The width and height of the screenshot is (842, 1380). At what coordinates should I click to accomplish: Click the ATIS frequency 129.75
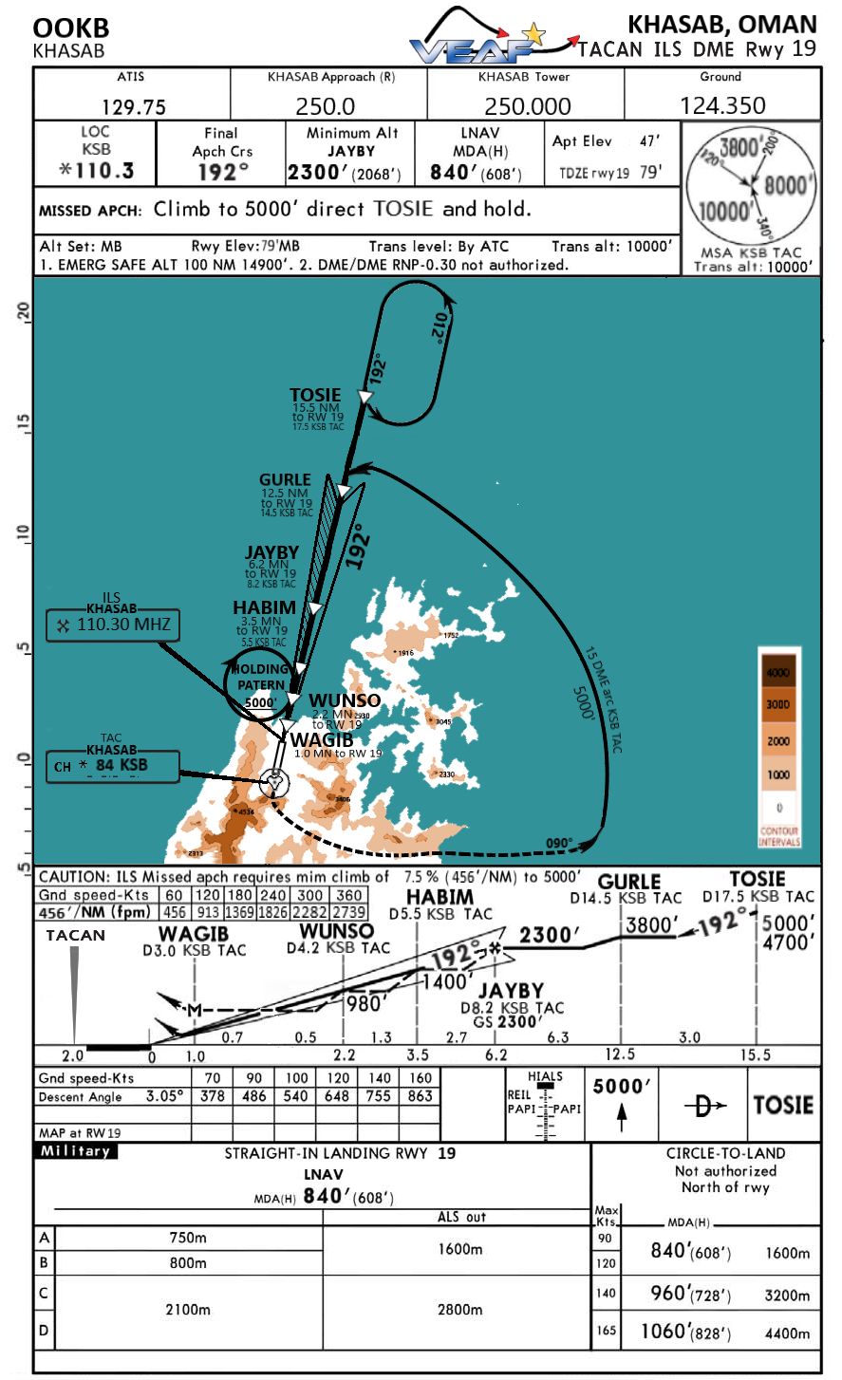pos(133,106)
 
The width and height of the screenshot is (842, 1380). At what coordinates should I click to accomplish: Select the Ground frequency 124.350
pos(722,105)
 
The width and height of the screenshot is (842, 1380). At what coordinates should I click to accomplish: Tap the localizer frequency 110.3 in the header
pos(96,171)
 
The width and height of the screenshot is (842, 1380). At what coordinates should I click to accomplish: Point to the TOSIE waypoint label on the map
pos(315,395)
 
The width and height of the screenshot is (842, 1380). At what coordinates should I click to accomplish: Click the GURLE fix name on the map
pos(285,479)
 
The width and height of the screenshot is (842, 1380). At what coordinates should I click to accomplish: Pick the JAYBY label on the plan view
pos(271,552)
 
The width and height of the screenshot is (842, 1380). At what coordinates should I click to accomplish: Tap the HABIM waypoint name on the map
pos(264,607)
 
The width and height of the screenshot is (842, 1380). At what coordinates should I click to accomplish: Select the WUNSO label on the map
pos(345,700)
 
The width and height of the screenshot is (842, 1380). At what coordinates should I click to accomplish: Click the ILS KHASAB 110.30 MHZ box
pos(110,625)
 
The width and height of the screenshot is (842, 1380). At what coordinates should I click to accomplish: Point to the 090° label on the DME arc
pos(558,842)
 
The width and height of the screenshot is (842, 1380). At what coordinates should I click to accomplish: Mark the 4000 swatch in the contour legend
pos(778,672)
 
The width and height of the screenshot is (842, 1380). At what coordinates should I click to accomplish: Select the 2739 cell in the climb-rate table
pos(348,913)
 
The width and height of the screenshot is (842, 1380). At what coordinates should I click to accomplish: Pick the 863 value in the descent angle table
pos(420,1096)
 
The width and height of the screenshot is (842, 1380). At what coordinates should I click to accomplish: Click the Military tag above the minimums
pos(75,1151)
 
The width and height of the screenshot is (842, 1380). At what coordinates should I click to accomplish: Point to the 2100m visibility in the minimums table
pos(188,1309)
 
